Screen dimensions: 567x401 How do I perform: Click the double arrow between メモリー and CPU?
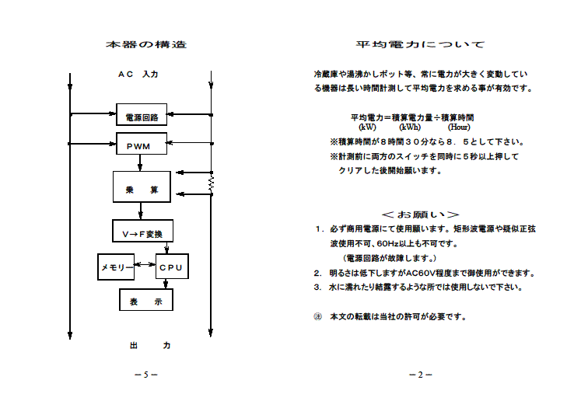tap(145, 264)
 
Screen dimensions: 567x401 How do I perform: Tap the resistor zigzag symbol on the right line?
tap(212, 183)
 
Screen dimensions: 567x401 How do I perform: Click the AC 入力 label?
tap(138, 74)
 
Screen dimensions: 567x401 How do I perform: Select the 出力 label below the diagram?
tap(150, 345)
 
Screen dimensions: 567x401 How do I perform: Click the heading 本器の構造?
tap(146, 44)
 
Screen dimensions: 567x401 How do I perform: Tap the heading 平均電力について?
tap(420, 44)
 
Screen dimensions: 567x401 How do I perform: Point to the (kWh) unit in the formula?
tap(410, 127)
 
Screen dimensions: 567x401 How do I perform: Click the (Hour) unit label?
tap(459, 127)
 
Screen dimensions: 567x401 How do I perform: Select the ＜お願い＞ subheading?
tap(420, 214)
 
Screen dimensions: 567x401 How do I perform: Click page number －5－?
tap(146, 375)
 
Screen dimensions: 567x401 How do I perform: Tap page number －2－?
tap(421, 375)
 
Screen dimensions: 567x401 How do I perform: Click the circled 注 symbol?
tap(317, 317)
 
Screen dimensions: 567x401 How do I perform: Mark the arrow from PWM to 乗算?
tap(140, 162)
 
